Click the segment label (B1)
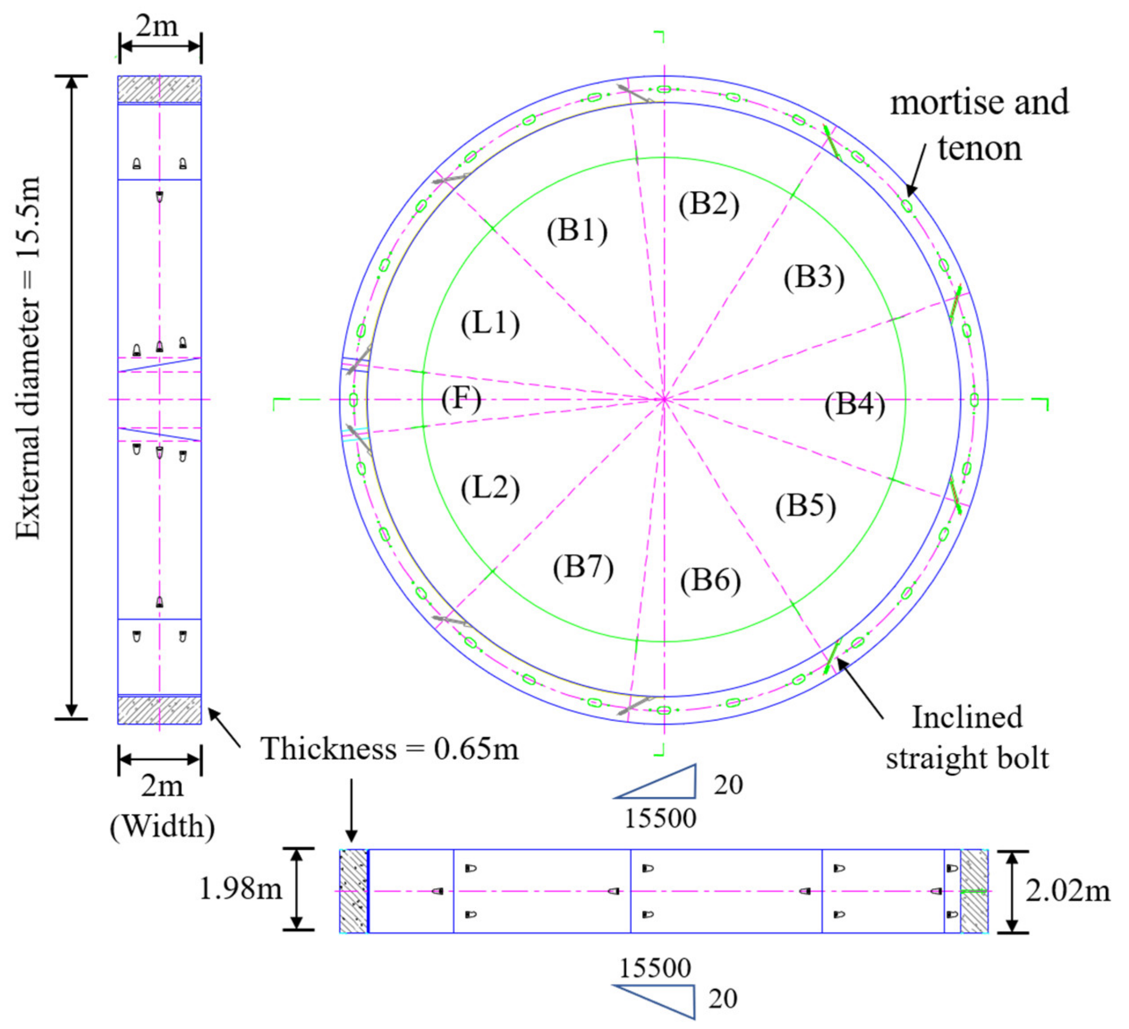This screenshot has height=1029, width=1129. (577, 230)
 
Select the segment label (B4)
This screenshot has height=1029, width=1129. (855, 404)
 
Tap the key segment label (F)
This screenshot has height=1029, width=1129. (461, 400)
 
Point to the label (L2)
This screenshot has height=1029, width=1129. (490, 488)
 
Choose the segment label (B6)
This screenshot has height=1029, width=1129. (710, 580)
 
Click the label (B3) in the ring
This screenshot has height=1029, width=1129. (814, 277)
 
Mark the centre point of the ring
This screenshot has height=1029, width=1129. (664, 400)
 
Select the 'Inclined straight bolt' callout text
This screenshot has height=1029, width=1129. (967, 737)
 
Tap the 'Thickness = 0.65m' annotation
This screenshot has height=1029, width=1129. (390, 749)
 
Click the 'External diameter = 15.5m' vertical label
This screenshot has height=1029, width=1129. (28, 358)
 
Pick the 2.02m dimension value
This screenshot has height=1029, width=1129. (1067, 891)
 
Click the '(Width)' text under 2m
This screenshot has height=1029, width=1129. (162, 826)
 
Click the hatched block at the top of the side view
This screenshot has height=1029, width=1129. (160, 89)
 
